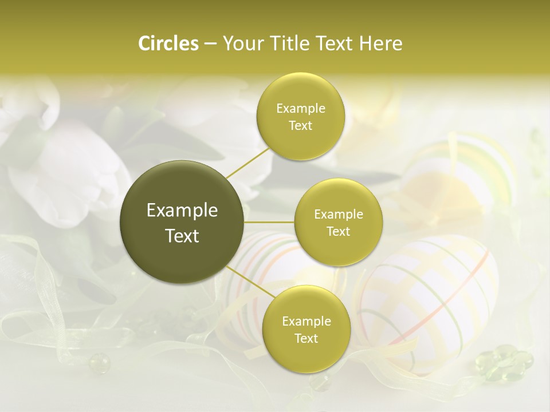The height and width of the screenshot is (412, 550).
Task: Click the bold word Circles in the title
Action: pyautogui.click(x=168, y=43)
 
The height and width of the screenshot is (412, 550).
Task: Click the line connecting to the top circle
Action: pyautogui.click(x=247, y=162)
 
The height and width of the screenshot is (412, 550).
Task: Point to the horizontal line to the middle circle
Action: pyautogui.click(x=269, y=222)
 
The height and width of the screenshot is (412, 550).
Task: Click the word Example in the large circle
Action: pyautogui.click(x=182, y=211)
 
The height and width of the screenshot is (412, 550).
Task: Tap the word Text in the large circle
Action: pyautogui.click(x=182, y=236)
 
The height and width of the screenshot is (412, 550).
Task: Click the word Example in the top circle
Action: pyautogui.click(x=300, y=109)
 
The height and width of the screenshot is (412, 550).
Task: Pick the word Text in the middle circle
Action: pyautogui.click(x=338, y=231)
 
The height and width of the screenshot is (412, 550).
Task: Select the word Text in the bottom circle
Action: pyautogui.click(x=306, y=338)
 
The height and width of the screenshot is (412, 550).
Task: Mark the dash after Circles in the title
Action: pyautogui.click(x=210, y=43)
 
